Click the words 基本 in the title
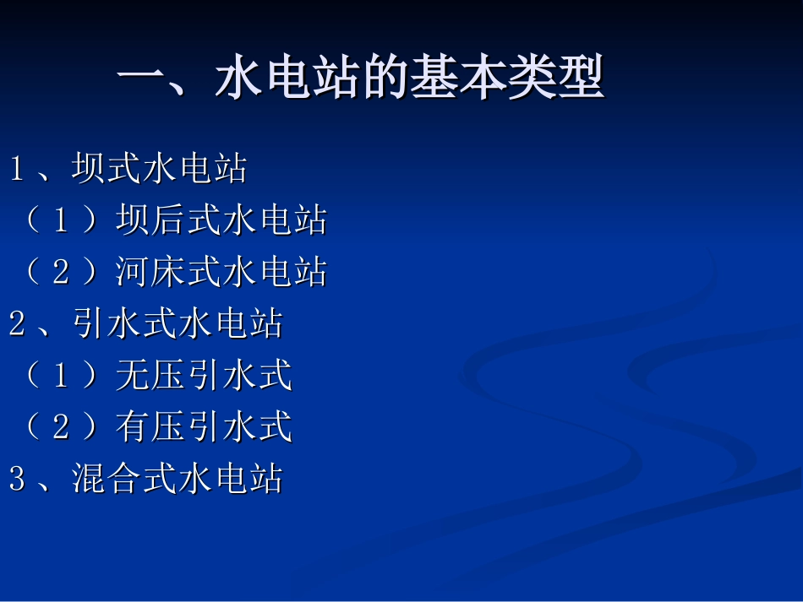(x=457, y=80)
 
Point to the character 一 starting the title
(x=140, y=80)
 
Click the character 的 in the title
(x=385, y=80)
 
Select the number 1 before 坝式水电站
(x=17, y=169)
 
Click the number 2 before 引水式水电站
(x=17, y=323)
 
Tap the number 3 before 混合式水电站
(x=17, y=479)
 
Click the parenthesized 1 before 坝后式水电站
(x=61, y=220)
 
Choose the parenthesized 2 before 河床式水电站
(x=61, y=272)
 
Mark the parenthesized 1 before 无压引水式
(x=61, y=376)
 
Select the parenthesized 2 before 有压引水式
(x=61, y=427)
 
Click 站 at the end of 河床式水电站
(x=309, y=272)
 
